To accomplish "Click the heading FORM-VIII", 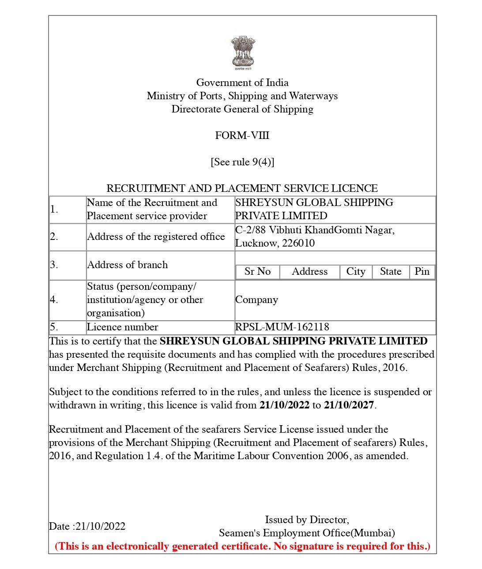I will (x=242, y=135).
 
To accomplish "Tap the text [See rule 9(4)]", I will (x=242, y=162).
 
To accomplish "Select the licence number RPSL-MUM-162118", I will (x=282, y=327).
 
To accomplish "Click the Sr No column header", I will (x=257, y=271).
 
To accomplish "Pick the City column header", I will (x=356, y=271).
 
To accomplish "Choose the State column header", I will (x=391, y=271).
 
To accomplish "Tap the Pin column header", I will (x=422, y=271).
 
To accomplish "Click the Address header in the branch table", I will (x=309, y=271).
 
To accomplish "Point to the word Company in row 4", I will (x=256, y=300).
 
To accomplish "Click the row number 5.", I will (x=54, y=327).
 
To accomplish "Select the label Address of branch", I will (x=127, y=265).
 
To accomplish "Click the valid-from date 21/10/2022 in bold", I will (x=284, y=405).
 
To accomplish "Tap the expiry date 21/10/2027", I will (x=349, y=405).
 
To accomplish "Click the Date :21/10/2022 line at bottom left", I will (x=87, y=526).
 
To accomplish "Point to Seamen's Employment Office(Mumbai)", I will (x=307, y=533).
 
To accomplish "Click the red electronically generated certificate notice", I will (x=242, y=546).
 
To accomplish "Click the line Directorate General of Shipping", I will (x=242, y=109).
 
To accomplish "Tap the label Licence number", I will (x=122, y=327).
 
